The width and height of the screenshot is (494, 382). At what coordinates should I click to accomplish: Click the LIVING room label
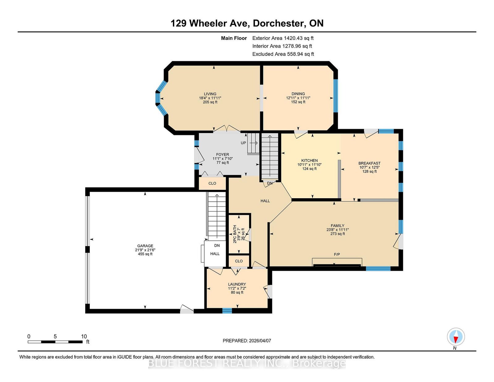(x=210, y=94)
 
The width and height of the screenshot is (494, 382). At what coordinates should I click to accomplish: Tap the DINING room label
(x=298, y=94)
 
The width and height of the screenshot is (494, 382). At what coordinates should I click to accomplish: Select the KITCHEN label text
(x=309, y=161)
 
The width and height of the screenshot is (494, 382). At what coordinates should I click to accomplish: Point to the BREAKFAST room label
(x=370, y=163)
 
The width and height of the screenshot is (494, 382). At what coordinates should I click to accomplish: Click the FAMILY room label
(x=337, y=225)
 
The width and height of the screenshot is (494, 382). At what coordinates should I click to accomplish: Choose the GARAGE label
(x=145, y=246)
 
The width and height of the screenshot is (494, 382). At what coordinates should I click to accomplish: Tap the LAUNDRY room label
(x=237, y=284)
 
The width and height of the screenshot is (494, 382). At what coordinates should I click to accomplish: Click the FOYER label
(x=223, y=155)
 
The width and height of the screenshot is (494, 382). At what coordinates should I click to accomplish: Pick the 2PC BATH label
(x=235, y=234)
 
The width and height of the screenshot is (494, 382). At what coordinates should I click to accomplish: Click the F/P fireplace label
(x=337, y=254)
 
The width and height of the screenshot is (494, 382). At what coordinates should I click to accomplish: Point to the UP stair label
(x=243, y=143)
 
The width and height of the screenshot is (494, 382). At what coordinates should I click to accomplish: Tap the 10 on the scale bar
(x=84, y=337)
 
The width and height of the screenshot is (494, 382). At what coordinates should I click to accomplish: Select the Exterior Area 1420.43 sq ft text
(x=283, y=38)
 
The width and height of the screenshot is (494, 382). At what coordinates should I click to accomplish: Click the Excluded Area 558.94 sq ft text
(x=283, y=54)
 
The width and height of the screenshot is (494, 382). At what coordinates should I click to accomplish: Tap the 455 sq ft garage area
(x=145, y=254)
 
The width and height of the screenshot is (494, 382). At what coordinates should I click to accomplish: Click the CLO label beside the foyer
(x=212, y=183)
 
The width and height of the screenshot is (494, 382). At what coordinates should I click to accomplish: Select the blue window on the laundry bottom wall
(x=227, y=311)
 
